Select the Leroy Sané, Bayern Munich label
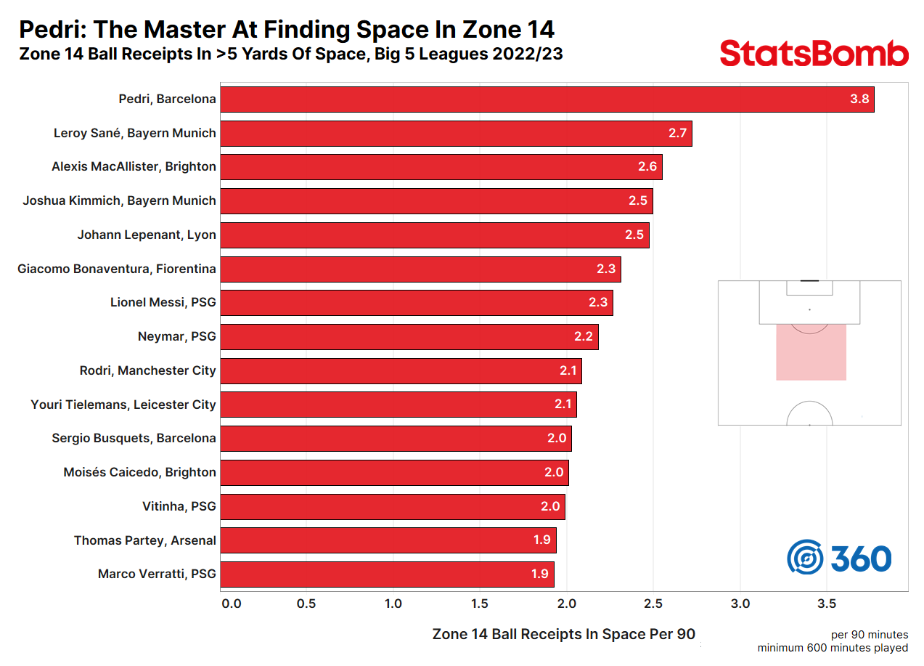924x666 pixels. (x=135, y=133)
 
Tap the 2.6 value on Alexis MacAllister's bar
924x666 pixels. (x=647, y=167)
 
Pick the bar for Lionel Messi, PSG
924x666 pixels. (x=416, y=303)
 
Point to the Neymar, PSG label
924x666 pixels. (x=176, y=336)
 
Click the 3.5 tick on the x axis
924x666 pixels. (x=827, y=604)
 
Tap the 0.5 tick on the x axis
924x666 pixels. (x=306, y=604)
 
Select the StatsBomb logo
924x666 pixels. (x=814, y=54)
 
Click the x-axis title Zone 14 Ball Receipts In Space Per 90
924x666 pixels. (x=563, y=634)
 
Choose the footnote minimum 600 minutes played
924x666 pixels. (x=833, y=648)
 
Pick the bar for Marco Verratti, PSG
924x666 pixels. (x=387, y=574)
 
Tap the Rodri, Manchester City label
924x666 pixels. (x=148, y=370)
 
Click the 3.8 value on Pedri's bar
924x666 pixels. (x=859, y=99)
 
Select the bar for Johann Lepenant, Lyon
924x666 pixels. (x=434, y=235)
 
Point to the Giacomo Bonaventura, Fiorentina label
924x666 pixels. (x=117, y=269)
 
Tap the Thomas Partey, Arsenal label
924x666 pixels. (x=145, y=540)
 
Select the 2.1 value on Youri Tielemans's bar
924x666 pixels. (x=563, y=405)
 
